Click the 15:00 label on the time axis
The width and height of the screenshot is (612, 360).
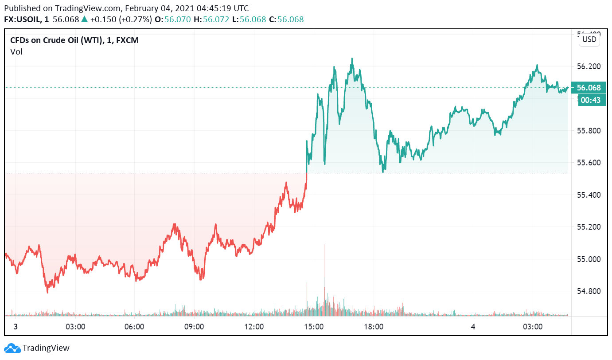314,327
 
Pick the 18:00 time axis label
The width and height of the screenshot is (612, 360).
374,327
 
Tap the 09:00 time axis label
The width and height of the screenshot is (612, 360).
194,327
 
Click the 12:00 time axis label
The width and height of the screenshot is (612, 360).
254,327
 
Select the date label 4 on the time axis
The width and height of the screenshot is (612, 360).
473,327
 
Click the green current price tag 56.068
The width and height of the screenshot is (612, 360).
588,88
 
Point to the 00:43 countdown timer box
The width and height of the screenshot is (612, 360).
590,100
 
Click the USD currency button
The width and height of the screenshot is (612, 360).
589,39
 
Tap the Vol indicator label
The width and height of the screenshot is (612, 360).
16,52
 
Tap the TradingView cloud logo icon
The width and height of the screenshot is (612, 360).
12,348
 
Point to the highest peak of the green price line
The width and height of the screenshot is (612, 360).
352,59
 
